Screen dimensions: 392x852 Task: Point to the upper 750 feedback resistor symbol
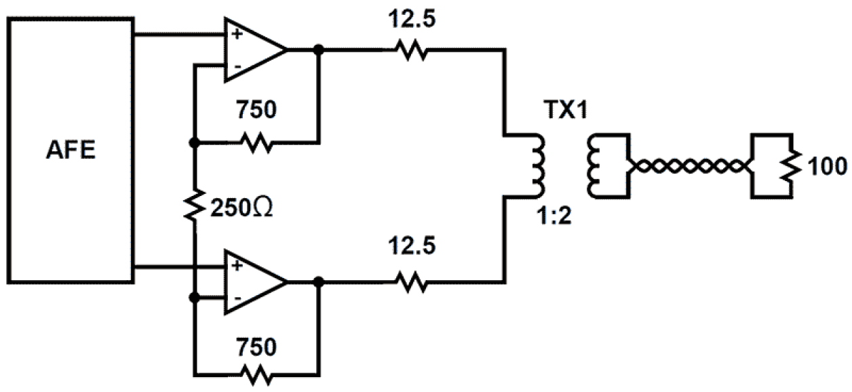pyautogui.click(x=256, y=143)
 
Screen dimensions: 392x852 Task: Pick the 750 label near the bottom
pyautogui.click(x=256, y=347)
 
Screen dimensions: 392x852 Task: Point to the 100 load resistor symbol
pyautogui.click(x=790, y=165)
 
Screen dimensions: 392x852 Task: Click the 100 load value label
pyautogui.click(x=823, y=165)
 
